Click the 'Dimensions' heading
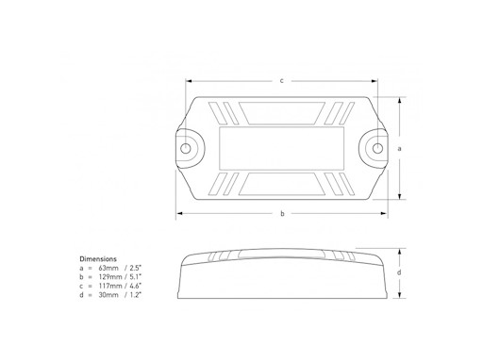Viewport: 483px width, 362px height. point(98,257)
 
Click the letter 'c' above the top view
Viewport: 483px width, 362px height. point(282,80)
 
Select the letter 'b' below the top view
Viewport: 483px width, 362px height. point(282,214)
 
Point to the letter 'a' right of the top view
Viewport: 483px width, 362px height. point(401,148)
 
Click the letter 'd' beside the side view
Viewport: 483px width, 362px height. point(401,272)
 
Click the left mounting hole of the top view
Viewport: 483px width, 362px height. point(187,148)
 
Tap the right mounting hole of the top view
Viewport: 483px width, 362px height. point(378,148)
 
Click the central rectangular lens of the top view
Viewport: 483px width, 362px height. point(282,148)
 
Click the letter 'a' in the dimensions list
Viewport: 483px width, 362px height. point(81,268)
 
